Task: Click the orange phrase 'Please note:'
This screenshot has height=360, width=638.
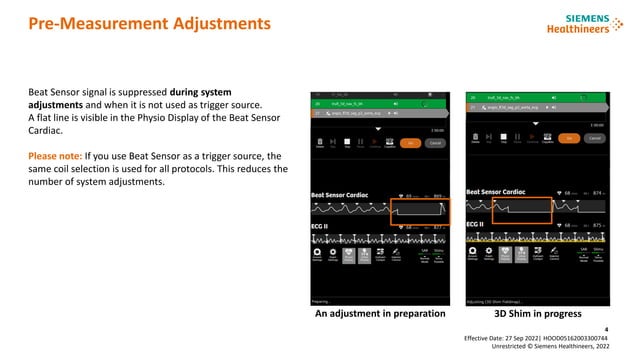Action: pyautogui.click(x=59, y=156)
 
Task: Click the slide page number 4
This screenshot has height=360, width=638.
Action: pyautogui.click(x=606, y=328)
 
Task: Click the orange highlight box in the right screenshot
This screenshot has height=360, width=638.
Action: pyautogui.click(x=522, y=210)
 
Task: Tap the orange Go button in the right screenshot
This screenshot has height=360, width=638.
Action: pyautogui.click(x=570, y=137)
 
